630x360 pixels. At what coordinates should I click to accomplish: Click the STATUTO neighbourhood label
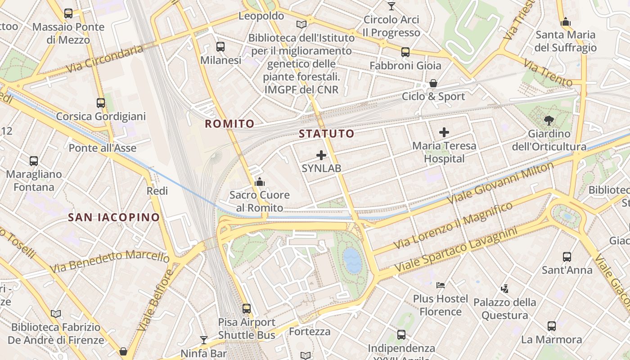point(327,134)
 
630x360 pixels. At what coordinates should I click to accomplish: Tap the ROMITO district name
point(229,124)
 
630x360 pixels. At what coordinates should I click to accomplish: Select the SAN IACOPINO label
point(114,218)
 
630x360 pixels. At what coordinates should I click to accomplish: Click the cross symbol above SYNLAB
point(321,155)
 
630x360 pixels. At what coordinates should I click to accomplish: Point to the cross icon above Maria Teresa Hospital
point(444,132)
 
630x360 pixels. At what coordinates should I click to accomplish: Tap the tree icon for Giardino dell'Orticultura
point(549,120)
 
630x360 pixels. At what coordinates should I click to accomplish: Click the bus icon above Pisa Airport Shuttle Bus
point(247,309)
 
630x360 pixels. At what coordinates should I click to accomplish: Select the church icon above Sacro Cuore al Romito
point(259,182)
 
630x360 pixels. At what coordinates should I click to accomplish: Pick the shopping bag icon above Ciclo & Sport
point(433,83)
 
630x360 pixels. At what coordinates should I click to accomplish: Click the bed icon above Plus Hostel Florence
point(441,285)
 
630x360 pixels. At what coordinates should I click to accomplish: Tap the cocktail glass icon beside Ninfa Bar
point(204,340)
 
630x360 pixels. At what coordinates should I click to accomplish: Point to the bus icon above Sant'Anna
point(567,257)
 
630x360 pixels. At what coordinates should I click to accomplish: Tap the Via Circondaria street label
point(104,59)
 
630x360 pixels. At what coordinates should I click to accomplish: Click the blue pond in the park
point(352,261)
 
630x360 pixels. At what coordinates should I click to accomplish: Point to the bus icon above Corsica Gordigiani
point(101,103)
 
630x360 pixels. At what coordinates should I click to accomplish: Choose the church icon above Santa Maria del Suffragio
point(566,22)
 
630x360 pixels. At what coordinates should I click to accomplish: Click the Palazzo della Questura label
point(505,308)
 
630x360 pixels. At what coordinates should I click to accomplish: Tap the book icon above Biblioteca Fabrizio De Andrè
point(56,314)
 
